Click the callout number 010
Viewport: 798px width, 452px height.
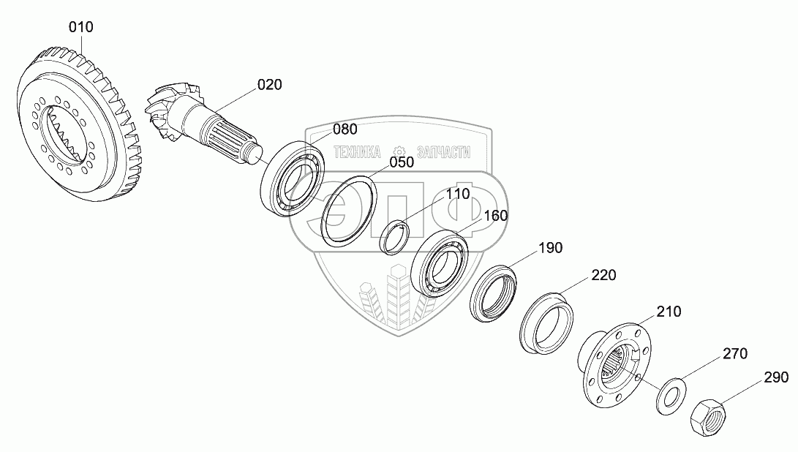tap(81, 28)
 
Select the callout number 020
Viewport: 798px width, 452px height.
tap(269, 85)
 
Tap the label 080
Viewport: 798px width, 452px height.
tap(345, 129)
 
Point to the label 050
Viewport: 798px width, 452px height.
tap(402, 162)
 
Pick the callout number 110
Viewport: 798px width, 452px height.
tap(459, 194)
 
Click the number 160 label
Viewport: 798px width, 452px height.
tap(495, 216)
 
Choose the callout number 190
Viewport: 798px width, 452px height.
tap(551, 248)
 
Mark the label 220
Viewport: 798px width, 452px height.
tap(604, 276)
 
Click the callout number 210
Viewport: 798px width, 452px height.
tap(669, 312)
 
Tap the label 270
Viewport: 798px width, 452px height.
tap(735, 354)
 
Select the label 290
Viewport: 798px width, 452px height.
tap(777, 377)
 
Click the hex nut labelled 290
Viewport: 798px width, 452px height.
tap(707, 418)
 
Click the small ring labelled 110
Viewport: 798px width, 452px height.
tap(398, 236)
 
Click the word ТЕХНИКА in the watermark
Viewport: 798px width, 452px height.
tap(357, 151)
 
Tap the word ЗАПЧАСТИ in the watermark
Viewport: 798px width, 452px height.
tap(443, 151)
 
